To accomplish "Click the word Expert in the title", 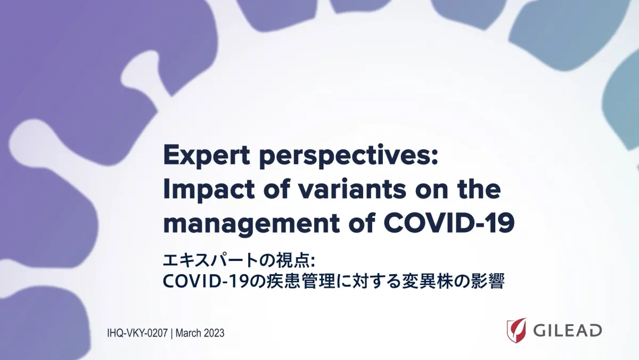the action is [207, 156].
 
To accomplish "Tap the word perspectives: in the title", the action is [348, 156].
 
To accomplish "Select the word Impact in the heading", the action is [209, 190].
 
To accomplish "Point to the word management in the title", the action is [251, 223].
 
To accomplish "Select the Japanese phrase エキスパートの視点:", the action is [239, 261].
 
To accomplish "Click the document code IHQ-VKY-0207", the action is [137, 333].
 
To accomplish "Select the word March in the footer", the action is [187, 333].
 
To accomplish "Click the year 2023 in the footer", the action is [213, 333].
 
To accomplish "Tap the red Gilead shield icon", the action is [517, 330].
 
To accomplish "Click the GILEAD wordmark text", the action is [568, 331].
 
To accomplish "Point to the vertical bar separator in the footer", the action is [171, 333].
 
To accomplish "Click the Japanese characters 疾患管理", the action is [301, 281].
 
